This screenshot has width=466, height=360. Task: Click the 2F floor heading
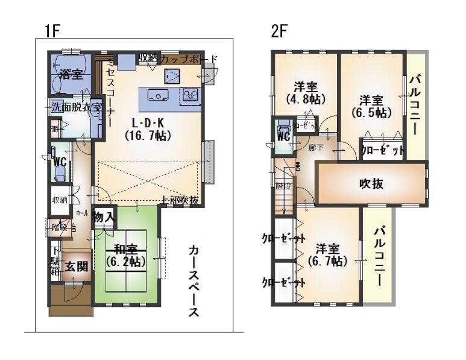click(x=278, y=32)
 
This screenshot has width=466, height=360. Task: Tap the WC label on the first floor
click(x=59, y=162)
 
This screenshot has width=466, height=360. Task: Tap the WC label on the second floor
click(x=283, y=136)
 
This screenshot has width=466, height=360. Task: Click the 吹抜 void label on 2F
click(x=372, y=183)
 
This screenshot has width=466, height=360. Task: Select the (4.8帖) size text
click(x=306, y=98)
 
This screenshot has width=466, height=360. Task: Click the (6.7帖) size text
click(x=326, y=262)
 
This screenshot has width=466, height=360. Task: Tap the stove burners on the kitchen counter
click(x=190, y=95)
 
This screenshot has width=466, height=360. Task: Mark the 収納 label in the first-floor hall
click(x=59, y=200)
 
